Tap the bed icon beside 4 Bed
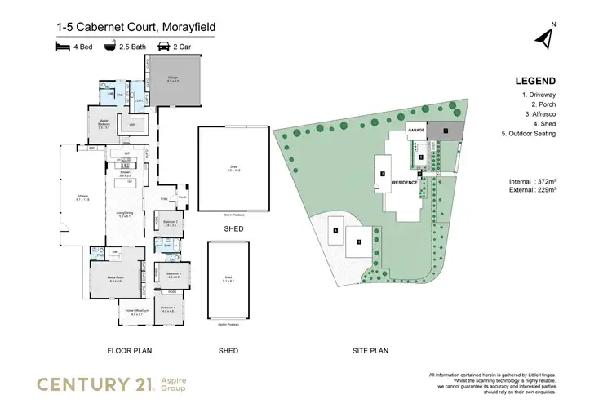coord(64,49)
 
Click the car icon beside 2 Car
coord(162,49)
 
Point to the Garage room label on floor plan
coord(174,80)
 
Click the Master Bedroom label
coord(104,126)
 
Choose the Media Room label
coord(116,279)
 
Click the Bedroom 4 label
coord(168,308)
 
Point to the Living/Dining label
coord(125,215)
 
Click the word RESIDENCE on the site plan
coord(406,182)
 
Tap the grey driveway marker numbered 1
coord(446,130)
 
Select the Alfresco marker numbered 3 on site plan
coord(382,174)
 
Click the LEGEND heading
coord(535,81)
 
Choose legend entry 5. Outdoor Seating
coord(528,134)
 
